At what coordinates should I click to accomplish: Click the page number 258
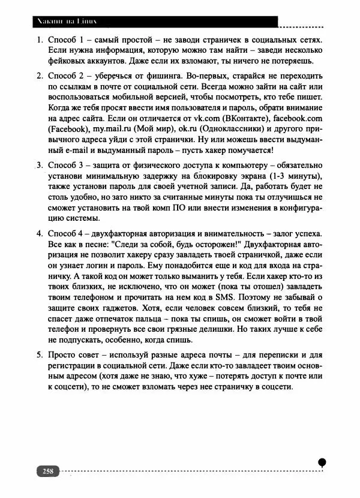point(47,470)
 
